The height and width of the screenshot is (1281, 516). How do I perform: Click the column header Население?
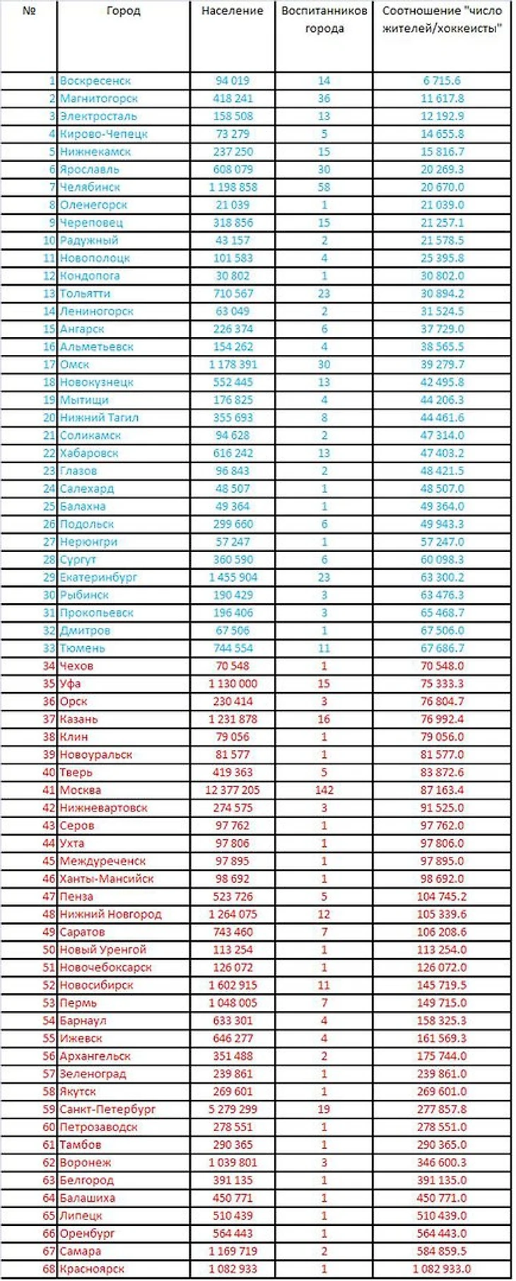[x=232, y=11]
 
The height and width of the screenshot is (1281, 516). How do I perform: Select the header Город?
[x=123, y=11]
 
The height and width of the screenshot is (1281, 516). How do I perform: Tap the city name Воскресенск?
[x=95, y=81]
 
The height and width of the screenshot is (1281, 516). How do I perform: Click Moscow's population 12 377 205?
[x=232, y=790]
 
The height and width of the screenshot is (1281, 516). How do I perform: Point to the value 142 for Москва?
[x=324, y=790]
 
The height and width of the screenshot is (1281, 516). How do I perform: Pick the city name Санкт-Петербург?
[x=107, y=1109]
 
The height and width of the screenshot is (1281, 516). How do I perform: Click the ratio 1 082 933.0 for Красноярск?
[x=441, y=1269]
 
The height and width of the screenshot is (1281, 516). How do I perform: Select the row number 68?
[x=49, y=1269]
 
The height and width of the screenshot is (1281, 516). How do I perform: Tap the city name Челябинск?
[x=90, y=187]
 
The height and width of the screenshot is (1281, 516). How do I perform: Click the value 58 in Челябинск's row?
[x=324, y=187]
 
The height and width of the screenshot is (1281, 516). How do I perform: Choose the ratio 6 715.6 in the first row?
[x=442, y=81]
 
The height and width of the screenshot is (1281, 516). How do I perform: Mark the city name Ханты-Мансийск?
[x=106, y=879]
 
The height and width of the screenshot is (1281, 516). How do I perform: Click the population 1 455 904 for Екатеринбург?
[x=232, y=578]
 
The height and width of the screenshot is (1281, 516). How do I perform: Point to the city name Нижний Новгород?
[x=110, y=914]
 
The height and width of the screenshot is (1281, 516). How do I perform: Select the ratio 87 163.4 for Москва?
[x=442, y=790]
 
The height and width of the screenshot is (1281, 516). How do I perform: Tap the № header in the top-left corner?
[x=28, y=11]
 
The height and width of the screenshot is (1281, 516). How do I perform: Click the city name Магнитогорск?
[x=98, y=99]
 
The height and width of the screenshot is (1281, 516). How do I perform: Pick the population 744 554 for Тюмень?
[x=232, y=648]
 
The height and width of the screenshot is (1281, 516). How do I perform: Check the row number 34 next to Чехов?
[x=49, y=666]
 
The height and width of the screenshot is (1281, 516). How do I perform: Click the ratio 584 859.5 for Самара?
[x=442, y=1251]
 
